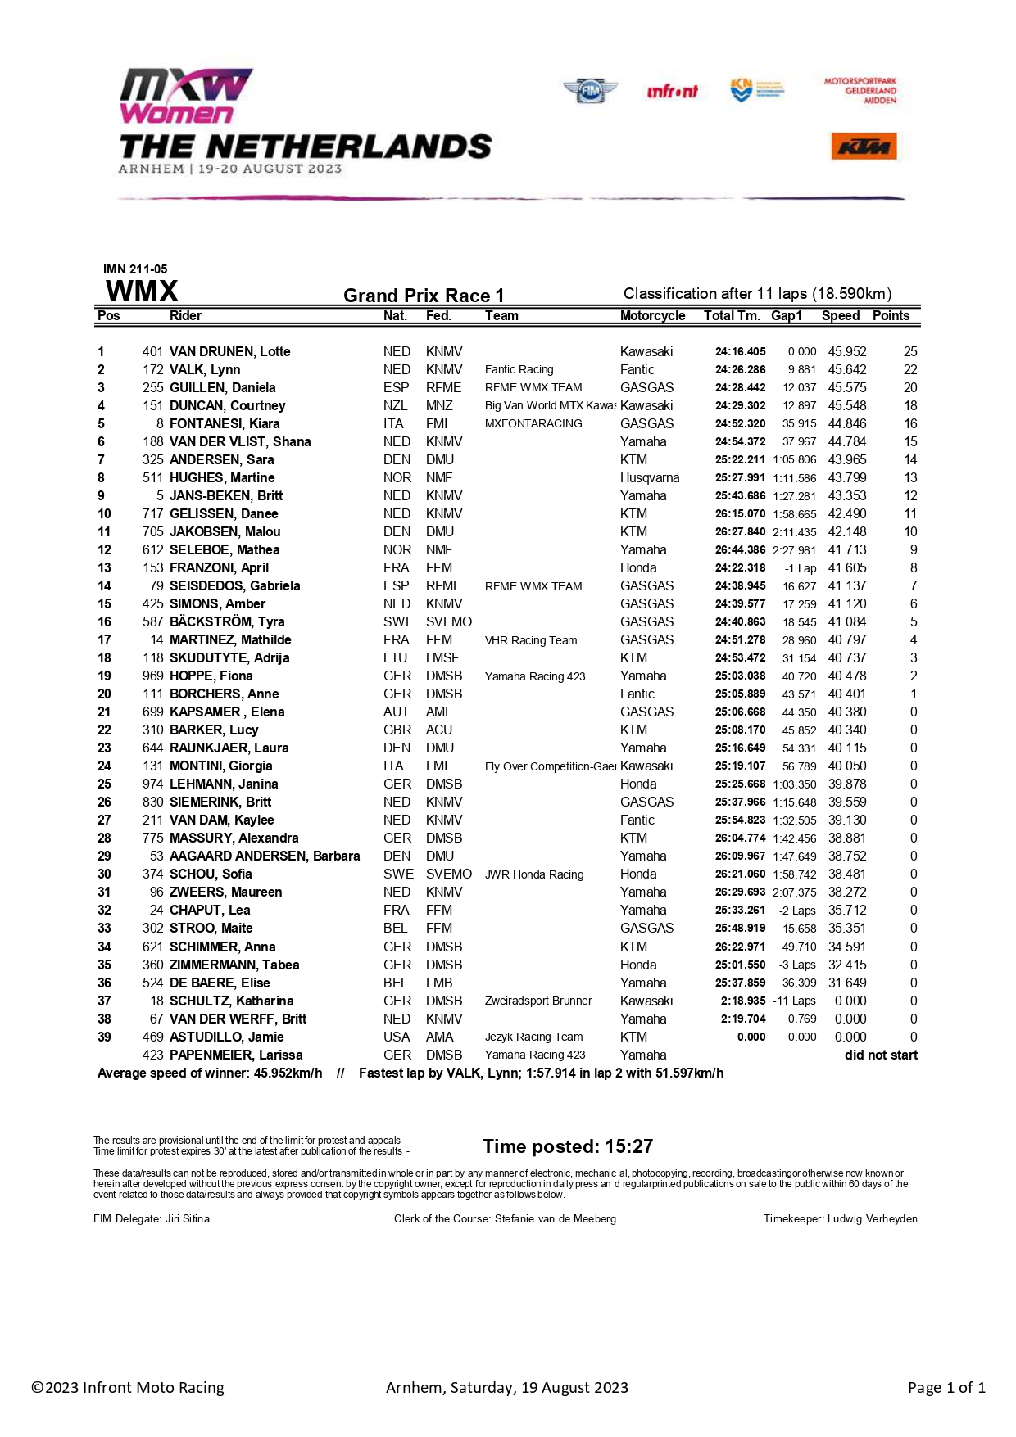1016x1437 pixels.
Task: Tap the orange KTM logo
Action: click(x=864, y=147)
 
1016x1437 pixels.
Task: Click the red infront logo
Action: click(x=672, y=92)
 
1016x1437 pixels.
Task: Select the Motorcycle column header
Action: click(x=652, y=316)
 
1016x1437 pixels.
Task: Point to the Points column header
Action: click(x=891, y=316)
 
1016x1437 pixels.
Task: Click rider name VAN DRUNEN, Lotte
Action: click(x=230, y=352)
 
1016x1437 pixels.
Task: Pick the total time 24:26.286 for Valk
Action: click(x=740, y=370)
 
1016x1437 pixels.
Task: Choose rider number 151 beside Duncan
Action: click(x=153, y=406)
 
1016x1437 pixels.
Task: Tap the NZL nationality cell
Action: click(x=395, y=406)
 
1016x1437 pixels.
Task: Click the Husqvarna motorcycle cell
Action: click(x=650, y=478)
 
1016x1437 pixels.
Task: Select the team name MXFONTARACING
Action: click(x=533, y=424)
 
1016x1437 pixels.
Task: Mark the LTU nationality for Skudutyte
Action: click(x=395, y=658)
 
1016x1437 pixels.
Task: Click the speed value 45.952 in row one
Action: click(x=847, y=352)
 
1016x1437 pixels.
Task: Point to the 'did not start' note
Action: click(x=881, y=1055)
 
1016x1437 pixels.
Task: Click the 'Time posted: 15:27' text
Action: click(x=568, y=1146)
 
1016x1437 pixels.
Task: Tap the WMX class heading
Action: click(x=142, y=291)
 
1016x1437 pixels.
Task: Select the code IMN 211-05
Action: click(x=135, y=269)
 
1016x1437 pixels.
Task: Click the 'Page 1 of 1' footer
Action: click(x=946, y=1388)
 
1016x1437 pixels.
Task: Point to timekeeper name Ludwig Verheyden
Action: click(x=872, y=1219)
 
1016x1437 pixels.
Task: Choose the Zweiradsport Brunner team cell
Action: click(x=538, y=1001)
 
